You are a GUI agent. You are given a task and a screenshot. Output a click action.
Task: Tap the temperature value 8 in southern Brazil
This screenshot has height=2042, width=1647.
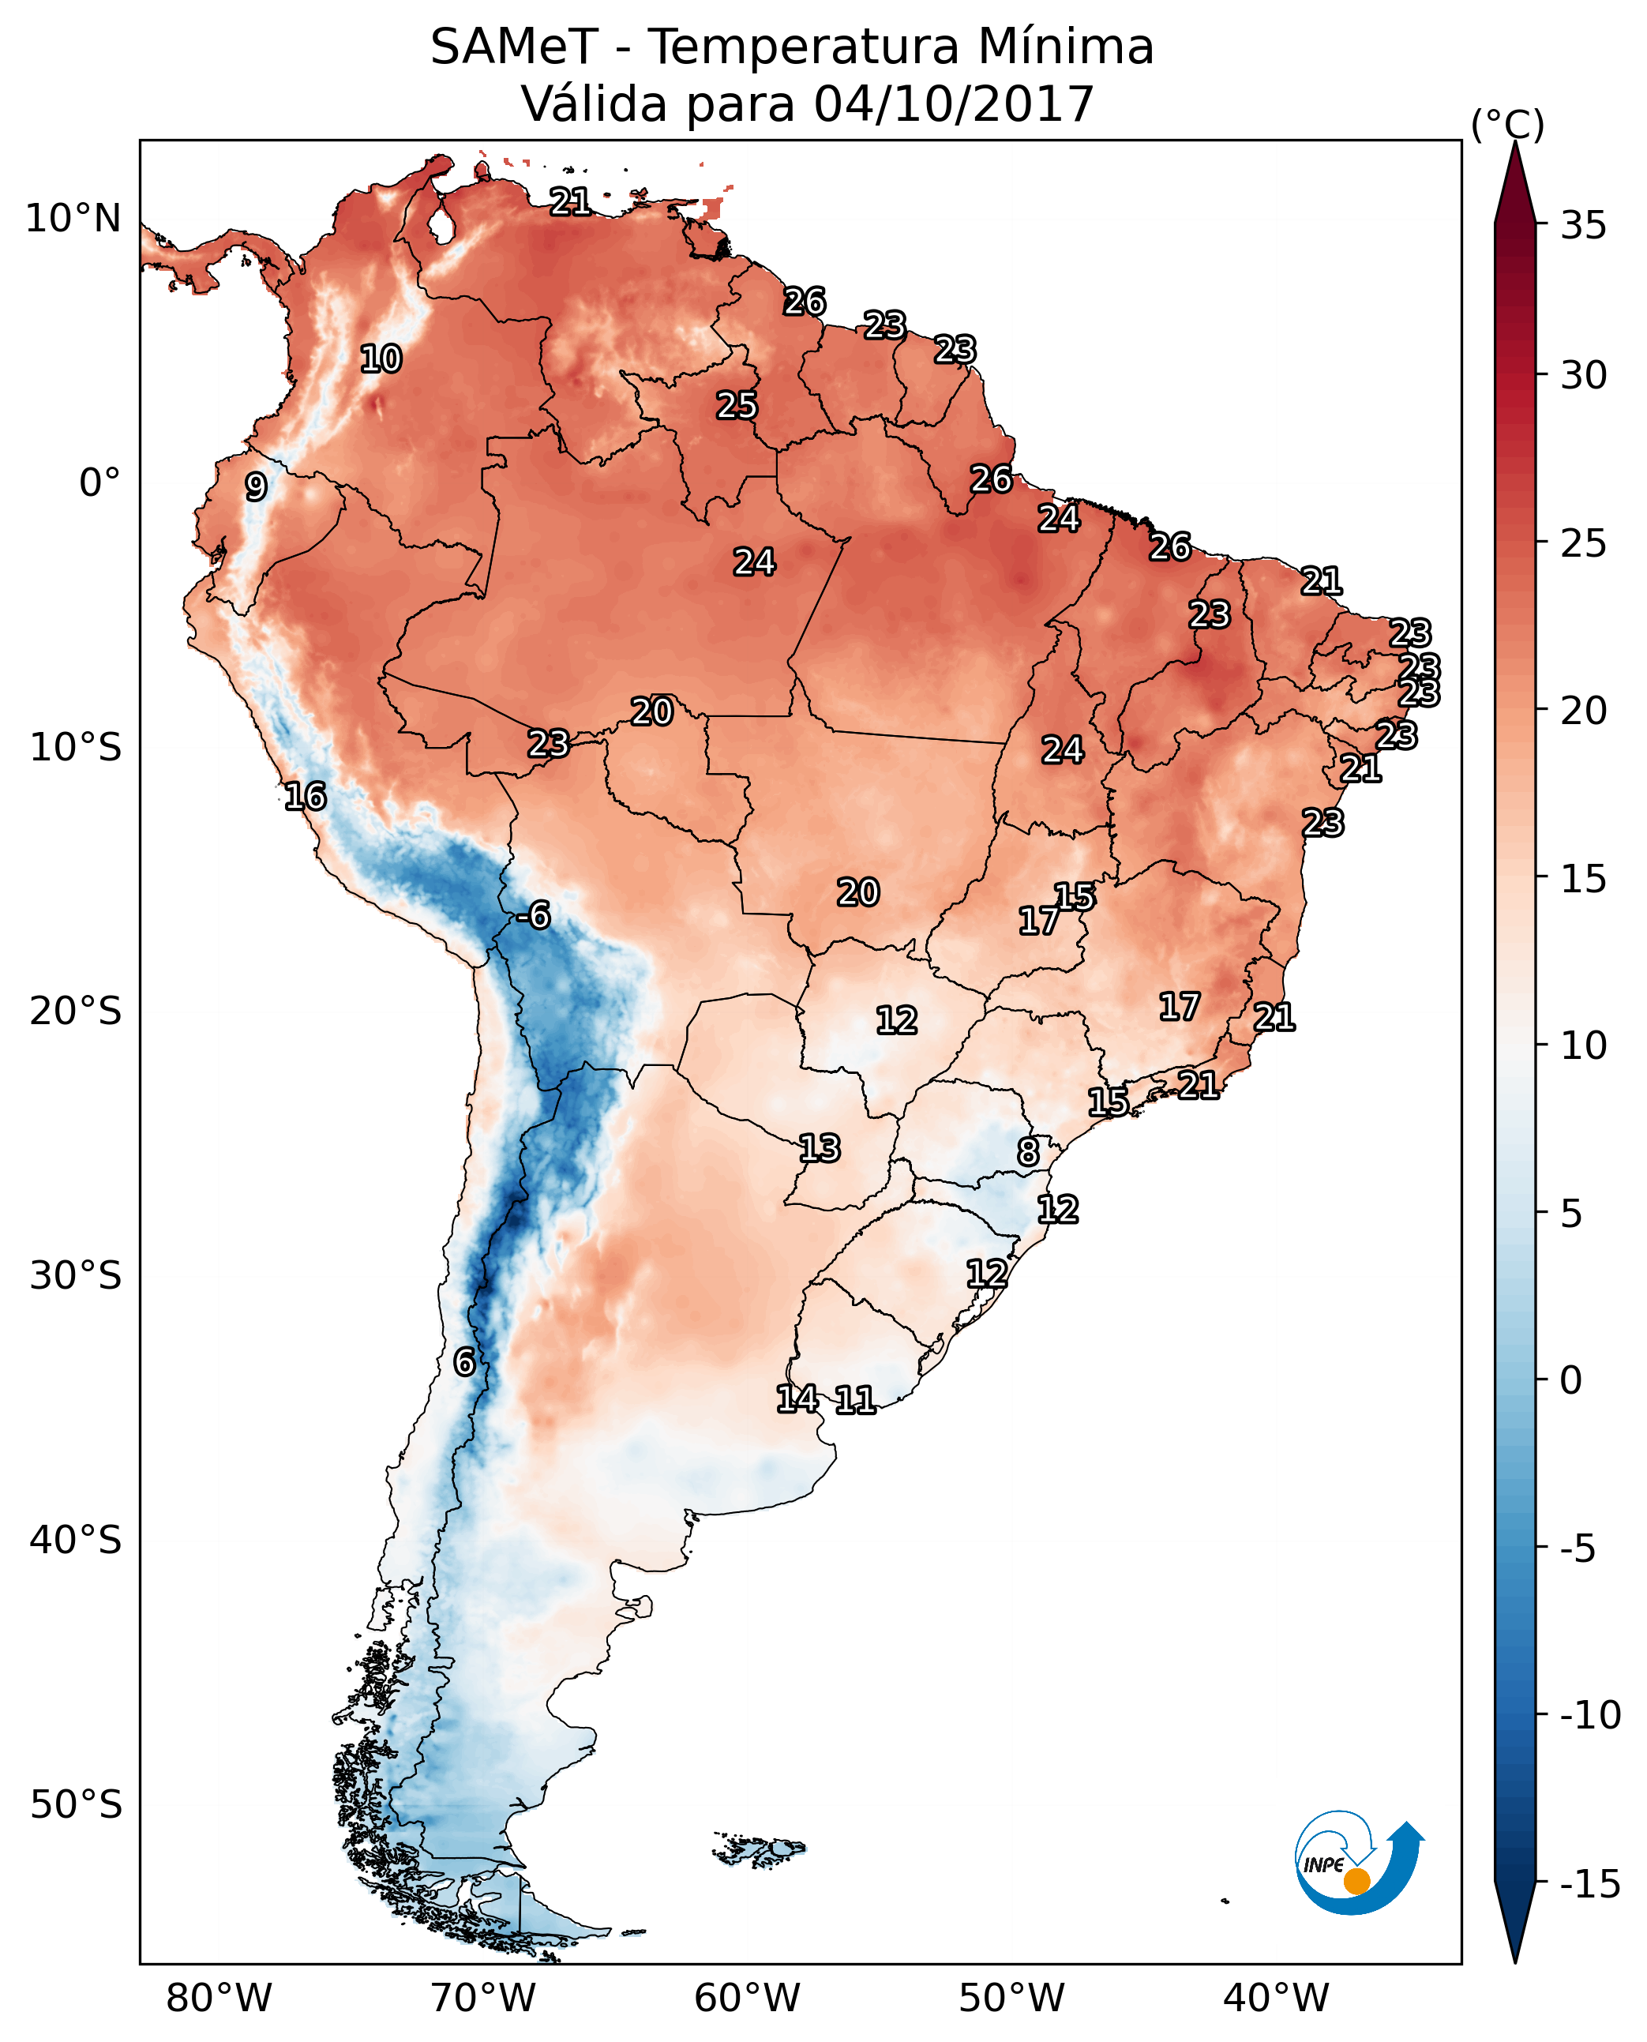click(1029, 1152)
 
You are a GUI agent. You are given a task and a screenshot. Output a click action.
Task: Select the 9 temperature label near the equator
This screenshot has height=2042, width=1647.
click(256, 486)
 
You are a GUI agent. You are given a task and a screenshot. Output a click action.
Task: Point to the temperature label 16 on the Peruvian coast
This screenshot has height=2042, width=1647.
click(306, 796)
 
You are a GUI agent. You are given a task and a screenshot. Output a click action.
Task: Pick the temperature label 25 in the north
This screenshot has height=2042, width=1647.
click(736, 405)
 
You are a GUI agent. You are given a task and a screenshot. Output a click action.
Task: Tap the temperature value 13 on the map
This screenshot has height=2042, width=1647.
click(819, 1148)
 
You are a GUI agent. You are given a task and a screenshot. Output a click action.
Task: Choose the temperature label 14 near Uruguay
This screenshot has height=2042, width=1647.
click(797, 1398)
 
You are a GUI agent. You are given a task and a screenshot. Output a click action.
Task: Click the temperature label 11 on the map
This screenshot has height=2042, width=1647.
click(855, 1399)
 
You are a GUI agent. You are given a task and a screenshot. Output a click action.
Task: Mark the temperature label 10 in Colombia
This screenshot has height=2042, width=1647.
click(381, 358)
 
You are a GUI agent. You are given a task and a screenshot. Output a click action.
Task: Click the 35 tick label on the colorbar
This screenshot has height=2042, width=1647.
click(1583, 226)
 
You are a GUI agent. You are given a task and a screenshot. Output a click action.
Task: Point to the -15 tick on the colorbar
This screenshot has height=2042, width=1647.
click(1589, 1883)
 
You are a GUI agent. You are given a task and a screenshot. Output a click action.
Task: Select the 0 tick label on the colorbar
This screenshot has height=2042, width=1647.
click(1571, 1379)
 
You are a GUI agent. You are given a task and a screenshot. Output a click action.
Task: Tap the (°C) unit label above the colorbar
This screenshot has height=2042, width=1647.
click(1507, 124)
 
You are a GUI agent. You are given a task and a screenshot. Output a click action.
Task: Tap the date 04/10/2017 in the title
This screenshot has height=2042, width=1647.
click(955, 103)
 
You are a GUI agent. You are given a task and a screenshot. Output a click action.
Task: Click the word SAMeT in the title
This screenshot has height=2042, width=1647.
click(513, 47)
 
